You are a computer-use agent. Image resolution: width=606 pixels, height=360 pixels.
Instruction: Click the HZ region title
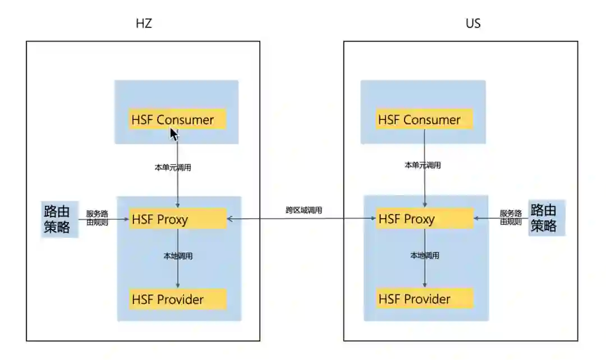tap(144, 24)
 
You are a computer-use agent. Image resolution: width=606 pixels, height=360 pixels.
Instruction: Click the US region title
tap(473, 24)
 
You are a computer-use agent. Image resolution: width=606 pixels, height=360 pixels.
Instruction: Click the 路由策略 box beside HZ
tap(58, 219)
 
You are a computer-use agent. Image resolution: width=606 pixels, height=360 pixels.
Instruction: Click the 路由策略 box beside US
tap(546, 218)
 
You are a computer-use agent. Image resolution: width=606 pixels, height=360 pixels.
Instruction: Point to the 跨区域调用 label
tap(304, 210)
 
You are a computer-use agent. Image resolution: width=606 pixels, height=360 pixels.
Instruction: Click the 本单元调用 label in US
tap(423, 165)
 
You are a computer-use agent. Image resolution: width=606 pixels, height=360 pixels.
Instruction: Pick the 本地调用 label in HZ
tap(178, 256)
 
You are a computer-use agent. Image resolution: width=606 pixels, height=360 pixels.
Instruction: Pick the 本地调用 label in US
tap(424, 256)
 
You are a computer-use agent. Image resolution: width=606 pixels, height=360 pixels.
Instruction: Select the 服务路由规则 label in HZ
tap(97, 218)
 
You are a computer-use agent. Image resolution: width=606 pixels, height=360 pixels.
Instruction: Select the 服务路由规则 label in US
tap(511, 218)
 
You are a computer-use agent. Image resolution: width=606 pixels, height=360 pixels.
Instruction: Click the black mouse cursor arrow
tap(174, 135)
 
